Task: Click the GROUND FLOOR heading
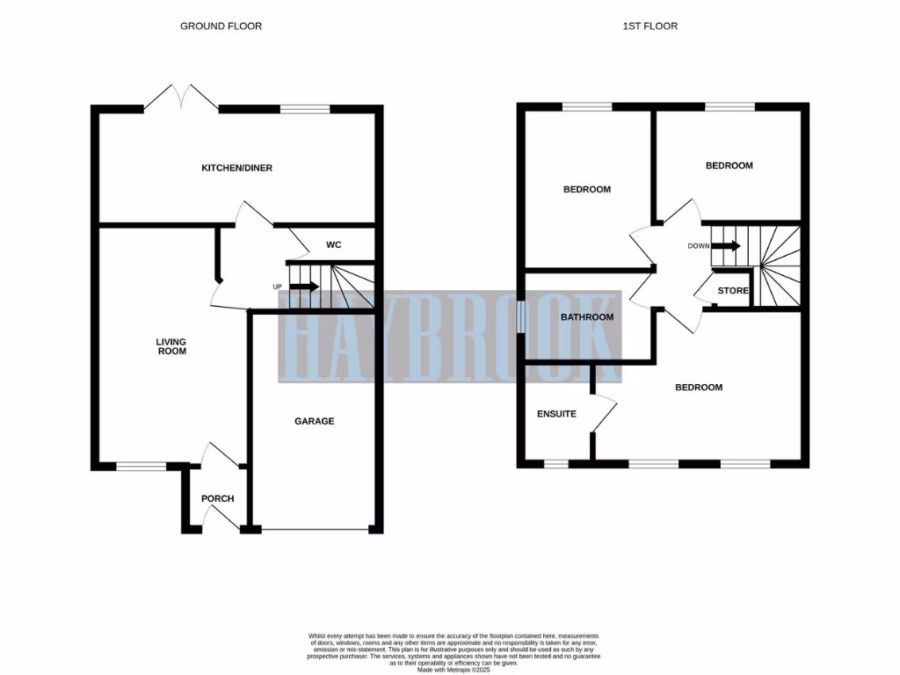click(x=221, y=26)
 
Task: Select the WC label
click(x=333, y=244)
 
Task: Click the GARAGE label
click(x=314, y=421)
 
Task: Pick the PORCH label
click(x=217, y=498)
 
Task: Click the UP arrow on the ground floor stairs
click(x=304, y=287)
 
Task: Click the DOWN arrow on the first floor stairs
click(x=726, y=246)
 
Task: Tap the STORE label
click(x=733, y=291)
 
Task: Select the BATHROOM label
click(x=587, y=317)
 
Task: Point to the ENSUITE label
click(x=556, y=413)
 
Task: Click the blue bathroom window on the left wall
click(x=521, y=317)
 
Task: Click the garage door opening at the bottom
click(x=315, y=530)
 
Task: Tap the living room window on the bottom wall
click(x=142, y=466)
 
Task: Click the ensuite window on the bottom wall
click(x=556, y=462)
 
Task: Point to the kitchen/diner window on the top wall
click(x=305, y=109)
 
